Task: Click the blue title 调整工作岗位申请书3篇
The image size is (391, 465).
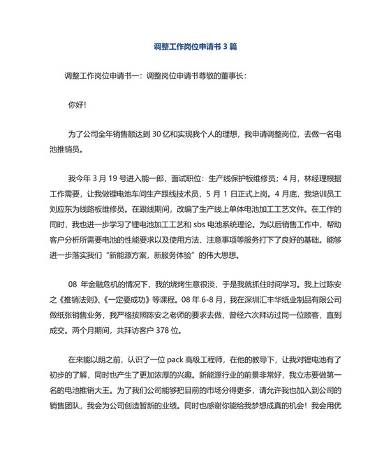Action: coord(195,48)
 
